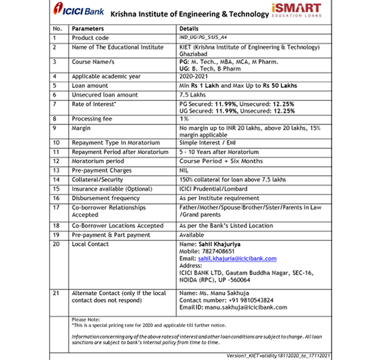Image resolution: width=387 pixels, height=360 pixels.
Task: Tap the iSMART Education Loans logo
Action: (297, 10)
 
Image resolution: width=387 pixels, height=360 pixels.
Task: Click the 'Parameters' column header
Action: (88, 29)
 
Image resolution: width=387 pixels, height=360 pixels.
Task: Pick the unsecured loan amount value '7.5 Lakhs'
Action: (192, 95)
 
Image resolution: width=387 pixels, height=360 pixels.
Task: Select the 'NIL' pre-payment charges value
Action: (184, 171)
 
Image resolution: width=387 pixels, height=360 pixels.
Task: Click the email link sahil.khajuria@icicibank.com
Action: (237, 259)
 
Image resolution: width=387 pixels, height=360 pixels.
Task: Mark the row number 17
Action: (56, 208)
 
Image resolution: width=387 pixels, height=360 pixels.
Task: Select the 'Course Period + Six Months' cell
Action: (221, 161)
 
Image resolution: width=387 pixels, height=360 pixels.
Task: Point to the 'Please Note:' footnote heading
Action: (86, 319)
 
